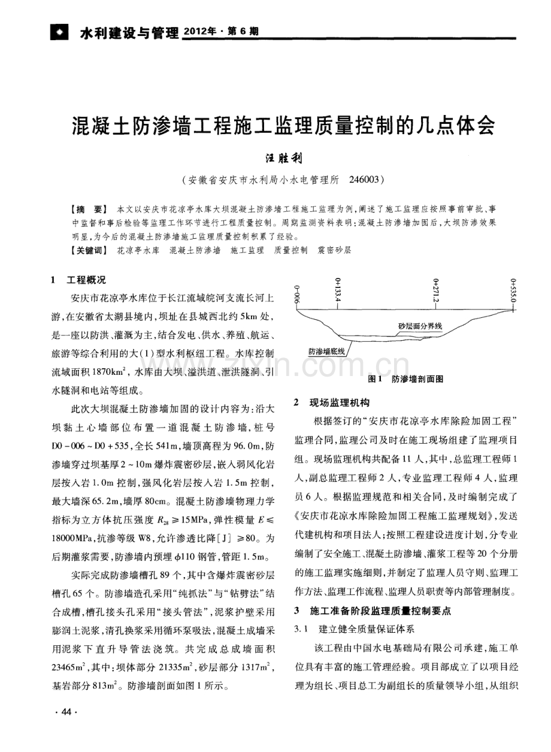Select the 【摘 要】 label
[x=89, y=209]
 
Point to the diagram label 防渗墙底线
[x=326, y=352]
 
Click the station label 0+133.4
[x=338, y=289]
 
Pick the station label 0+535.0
[x=513, y=290]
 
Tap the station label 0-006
[x=296, y=295]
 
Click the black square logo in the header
[x=59, y=32]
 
